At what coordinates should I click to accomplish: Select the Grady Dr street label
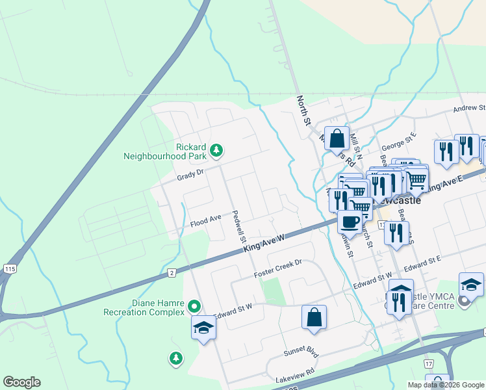190,176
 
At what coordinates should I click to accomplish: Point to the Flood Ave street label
206,222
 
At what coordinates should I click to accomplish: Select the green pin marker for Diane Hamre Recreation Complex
194,305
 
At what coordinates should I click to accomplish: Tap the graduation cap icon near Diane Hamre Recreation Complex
203,328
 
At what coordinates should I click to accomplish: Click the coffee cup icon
350,223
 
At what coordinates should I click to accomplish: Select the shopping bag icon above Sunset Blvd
314,317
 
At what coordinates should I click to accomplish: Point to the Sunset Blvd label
301,352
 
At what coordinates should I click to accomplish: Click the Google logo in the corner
21,382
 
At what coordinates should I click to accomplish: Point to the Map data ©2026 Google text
446,385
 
